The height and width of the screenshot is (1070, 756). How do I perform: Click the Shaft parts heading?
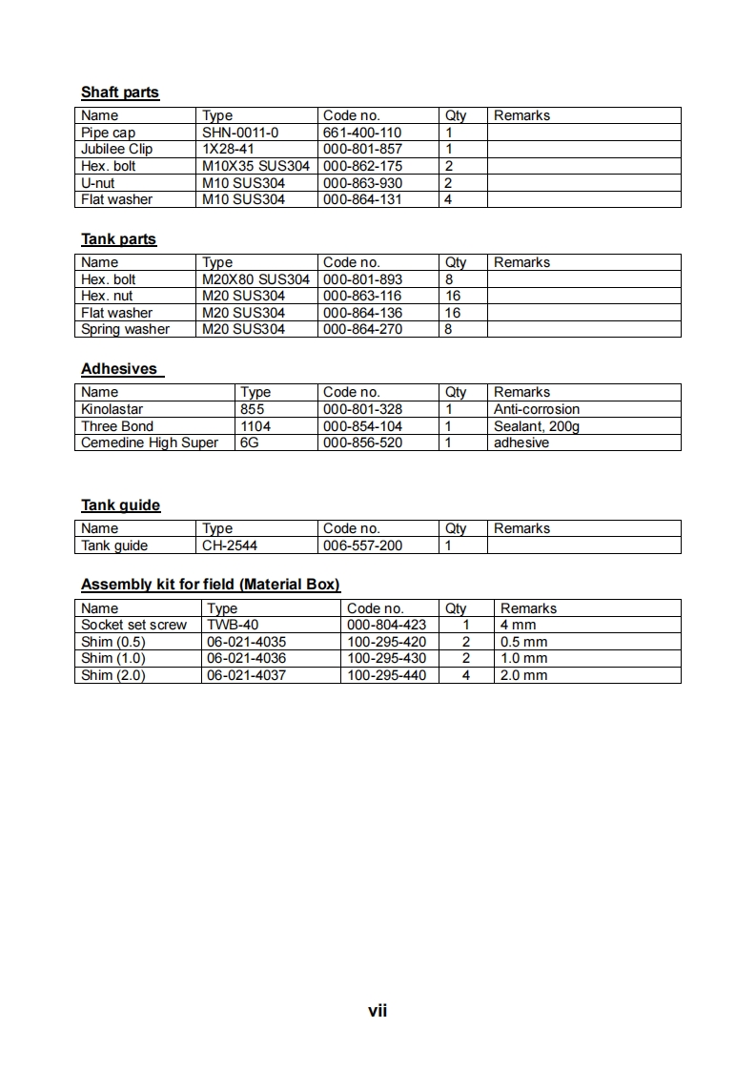(120, 93)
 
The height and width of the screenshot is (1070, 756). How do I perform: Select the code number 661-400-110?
(362, 133)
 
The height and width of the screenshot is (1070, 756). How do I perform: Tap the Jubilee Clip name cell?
(116, 149)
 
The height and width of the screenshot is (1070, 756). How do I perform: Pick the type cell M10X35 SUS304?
(255, 166)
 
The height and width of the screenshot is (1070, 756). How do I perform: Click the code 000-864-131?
(362, 199)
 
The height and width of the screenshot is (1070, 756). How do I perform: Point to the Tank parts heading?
(118, 239)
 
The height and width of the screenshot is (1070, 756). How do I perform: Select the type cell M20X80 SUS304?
(255, 279)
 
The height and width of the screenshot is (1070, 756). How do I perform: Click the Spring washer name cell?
(125, 329)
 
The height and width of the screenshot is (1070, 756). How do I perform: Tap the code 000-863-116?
(362, 296)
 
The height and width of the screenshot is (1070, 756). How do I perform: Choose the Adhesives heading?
(119, 369)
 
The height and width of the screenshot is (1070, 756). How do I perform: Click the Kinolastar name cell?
(112, 409)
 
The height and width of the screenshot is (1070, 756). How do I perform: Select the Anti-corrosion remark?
(536, 409)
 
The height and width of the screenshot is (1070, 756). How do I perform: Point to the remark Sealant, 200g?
(536, 426)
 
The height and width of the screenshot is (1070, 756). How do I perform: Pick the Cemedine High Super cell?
(150, 442)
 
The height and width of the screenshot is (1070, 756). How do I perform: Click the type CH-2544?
(230, 545)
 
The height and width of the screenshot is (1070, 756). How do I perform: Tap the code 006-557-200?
(362, 545)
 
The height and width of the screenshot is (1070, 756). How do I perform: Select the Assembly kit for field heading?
(211, 585)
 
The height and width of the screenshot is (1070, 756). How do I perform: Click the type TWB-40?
(233, 625)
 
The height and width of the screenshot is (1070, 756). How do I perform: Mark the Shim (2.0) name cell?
(113, 675)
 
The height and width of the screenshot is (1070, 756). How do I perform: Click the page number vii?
(378, 1011)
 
